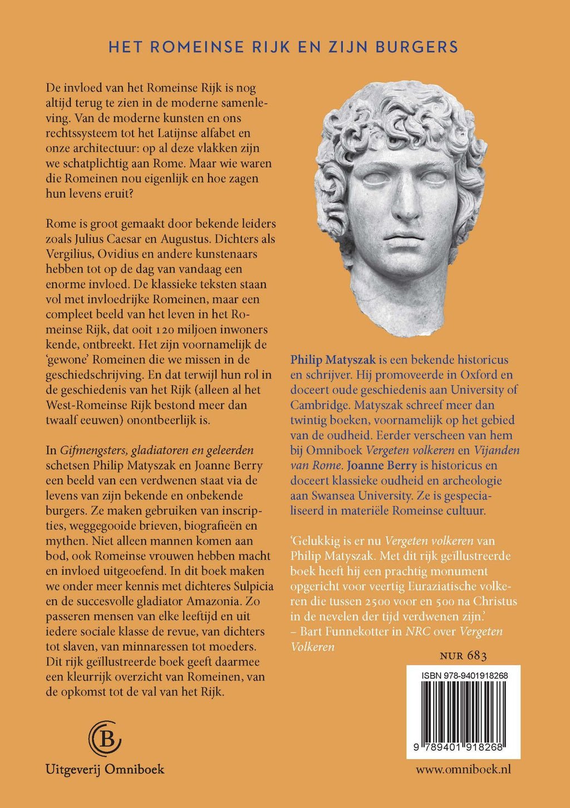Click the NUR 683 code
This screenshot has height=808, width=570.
point(463,656)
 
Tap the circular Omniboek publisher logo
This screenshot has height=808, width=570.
point(105,738)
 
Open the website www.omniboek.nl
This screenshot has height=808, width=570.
point(463,770)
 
